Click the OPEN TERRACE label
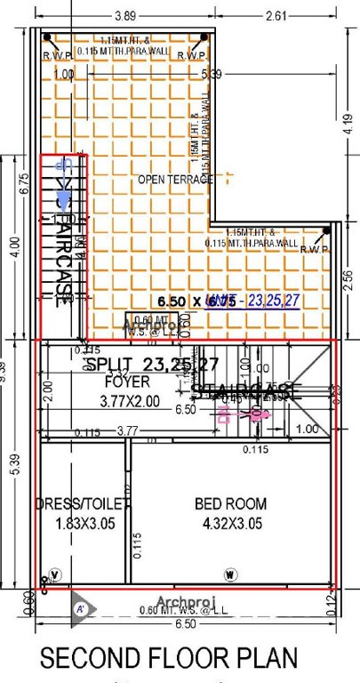pyautogui.click(x=176, y=180)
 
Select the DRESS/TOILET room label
pyautogui.click(x=83, y=504)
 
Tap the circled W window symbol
pyautogui.click(x=230, y=573)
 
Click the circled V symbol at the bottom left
pyautogui.click(x=56, y=573)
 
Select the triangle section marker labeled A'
pyautogui.click(x=79, y=610)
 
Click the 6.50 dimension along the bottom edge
pyautogui.click(x=187, y=626)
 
